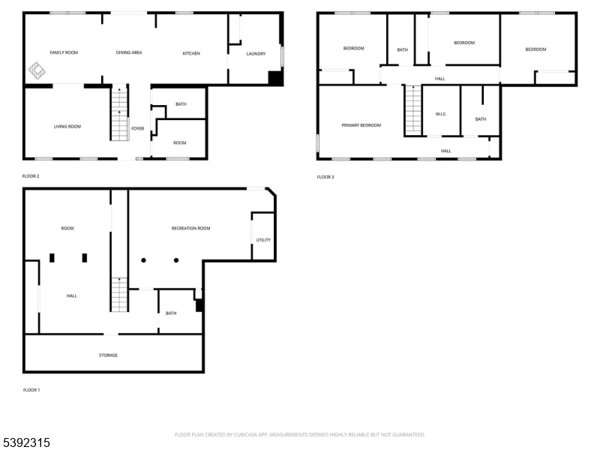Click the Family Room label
point(64,52)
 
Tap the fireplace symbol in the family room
point(37,70)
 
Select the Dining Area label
point(129,52)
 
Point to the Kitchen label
point(191,53)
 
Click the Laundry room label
point(256,54)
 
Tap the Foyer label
point(138,128)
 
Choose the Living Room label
point(67,127)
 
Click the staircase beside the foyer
point(119,114)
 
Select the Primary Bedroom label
point(361,125)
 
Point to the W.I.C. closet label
point(441,114)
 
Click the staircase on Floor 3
point(413,110)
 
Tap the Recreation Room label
point(191,229)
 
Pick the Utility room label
point(263,240)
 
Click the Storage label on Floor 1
point(108,355)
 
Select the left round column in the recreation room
point(143,260)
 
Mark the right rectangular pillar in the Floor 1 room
point(85,258)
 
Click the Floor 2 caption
point(31,176)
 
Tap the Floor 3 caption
point(325,177)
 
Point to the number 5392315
point(25,442)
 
